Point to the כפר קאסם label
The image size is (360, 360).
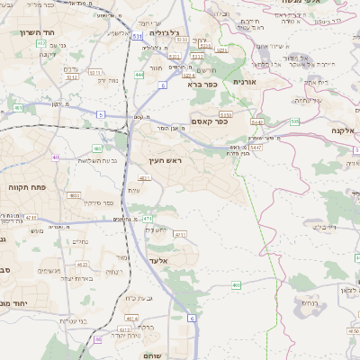(209, 121)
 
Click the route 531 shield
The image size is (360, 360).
(137, 37)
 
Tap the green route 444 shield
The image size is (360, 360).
(139, 75)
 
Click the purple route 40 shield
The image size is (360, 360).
(56, 157)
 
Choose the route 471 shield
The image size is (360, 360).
(147, 219)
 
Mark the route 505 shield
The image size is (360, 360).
(294, 121)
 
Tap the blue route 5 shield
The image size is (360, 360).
(102, 114)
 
